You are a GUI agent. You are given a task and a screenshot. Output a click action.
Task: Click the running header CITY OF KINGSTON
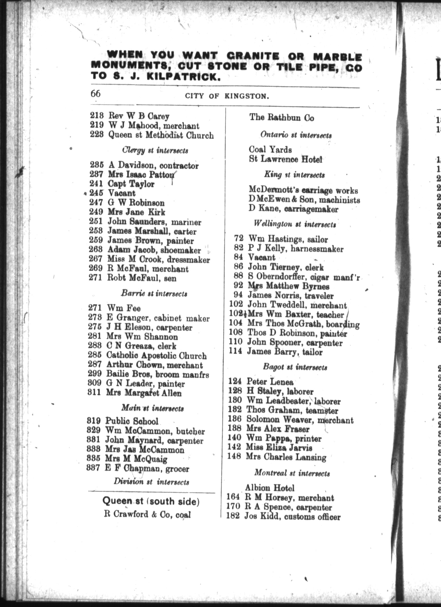pyautogui.click(x=227, y=96)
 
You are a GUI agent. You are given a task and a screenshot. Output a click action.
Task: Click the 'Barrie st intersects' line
pyautogui.click(x=154, y=294)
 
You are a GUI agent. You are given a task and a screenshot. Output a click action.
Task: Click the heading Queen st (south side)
pyautogui.click(x=151, y=494)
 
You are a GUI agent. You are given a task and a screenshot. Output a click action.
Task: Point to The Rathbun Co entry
pyautogui.click(x=282, y=118)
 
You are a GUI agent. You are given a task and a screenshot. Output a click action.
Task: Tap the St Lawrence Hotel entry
pyautogui.click(x=285, y=159)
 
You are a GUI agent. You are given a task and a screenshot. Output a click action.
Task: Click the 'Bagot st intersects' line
pyautogui.click(x=295, y=367)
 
